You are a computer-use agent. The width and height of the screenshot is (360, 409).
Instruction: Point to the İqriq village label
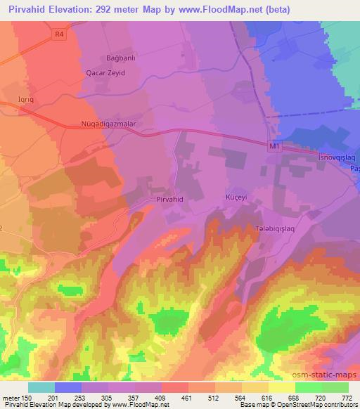pyautogui.click(x=27, y=101)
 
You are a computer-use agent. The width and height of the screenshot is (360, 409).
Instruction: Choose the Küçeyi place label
pyautogui.click(x=238, y=198)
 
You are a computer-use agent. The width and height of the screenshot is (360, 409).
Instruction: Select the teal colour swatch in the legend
pyautogui.click(x=41, y=387)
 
